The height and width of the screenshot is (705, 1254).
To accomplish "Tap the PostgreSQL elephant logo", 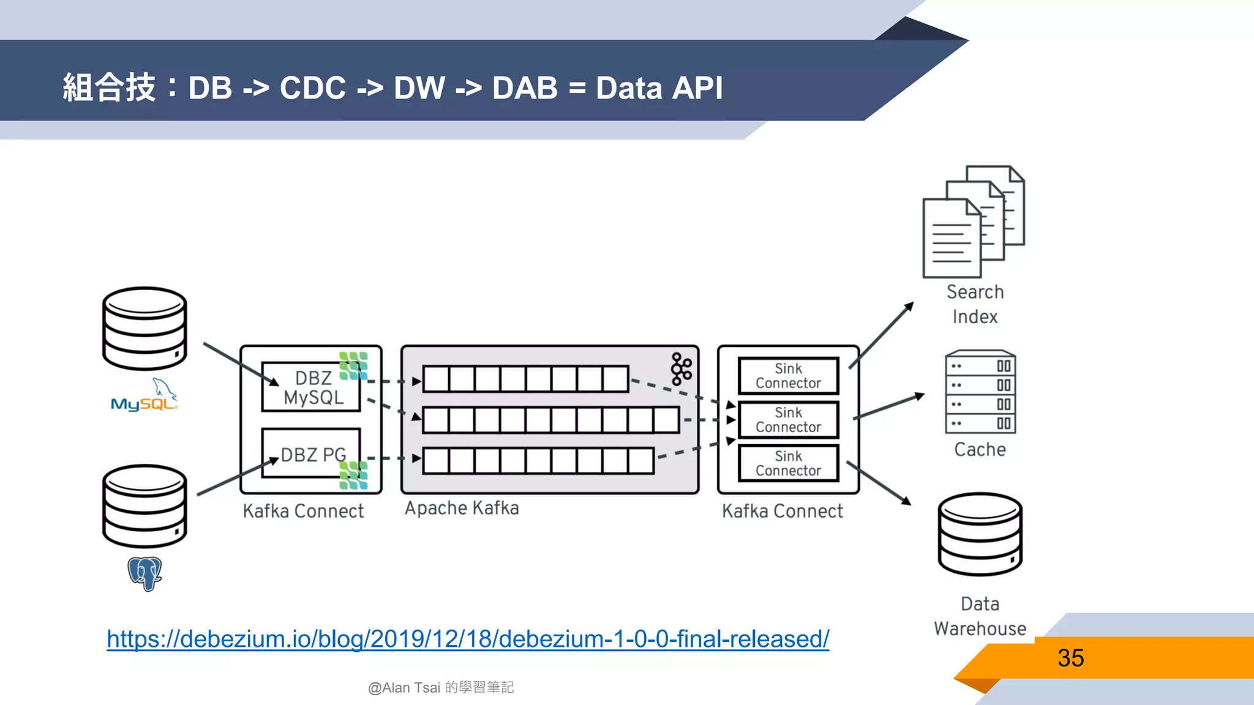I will pos(145,573).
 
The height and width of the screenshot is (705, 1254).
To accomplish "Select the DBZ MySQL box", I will pos(311,387).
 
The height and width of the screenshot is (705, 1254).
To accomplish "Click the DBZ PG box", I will pos(311,454).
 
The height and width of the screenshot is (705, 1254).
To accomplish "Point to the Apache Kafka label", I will pos(462,508).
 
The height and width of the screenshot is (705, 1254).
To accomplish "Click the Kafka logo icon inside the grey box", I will pos(681,368).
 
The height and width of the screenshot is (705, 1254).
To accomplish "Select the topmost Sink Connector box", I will pos(788,376).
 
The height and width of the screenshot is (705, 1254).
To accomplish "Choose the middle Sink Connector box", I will pos(788,420).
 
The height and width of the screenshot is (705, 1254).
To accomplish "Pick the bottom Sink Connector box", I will pos(788,463).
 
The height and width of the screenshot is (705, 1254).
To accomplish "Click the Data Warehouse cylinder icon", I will pos(980,534).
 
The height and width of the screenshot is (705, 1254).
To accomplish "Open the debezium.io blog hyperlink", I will pos(468,639).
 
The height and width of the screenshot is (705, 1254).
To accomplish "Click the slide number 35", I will pos(1070,658).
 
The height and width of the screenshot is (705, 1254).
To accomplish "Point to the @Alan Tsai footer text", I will pos(441,687).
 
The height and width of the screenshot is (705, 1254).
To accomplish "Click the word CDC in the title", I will pos(313,88).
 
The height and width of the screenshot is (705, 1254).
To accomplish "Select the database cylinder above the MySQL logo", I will pos(145,328).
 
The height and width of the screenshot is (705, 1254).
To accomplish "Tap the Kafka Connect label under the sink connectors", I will pos(782,511).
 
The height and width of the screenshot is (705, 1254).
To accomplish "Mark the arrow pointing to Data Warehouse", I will pos(879,483).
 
